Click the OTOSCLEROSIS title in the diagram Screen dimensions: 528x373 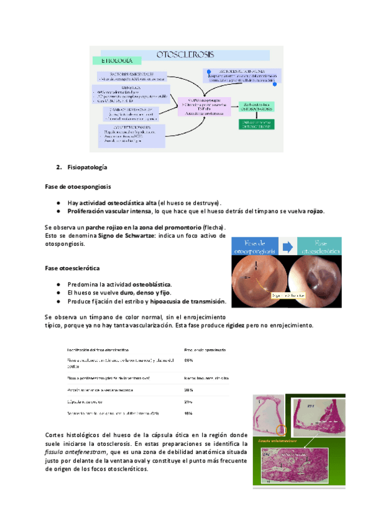186,54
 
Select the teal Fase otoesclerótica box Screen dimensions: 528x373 319,247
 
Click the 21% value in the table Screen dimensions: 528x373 188,402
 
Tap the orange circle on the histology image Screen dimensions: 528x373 281,429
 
